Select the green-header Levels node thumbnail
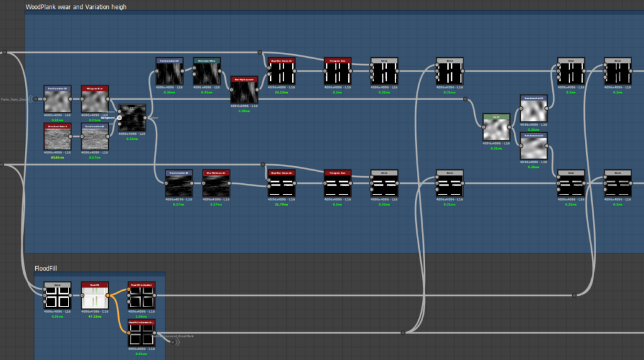(x=496, y=129)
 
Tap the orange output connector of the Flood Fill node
(x=108, y=294)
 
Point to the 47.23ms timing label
(x=94, y=317)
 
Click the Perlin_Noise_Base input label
(x=13, y=99)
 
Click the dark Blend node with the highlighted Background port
(x=132, y=118)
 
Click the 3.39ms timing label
(x=245, y=110)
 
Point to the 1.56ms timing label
(x=141, y=317)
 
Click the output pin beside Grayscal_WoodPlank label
(x=172, y=342)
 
